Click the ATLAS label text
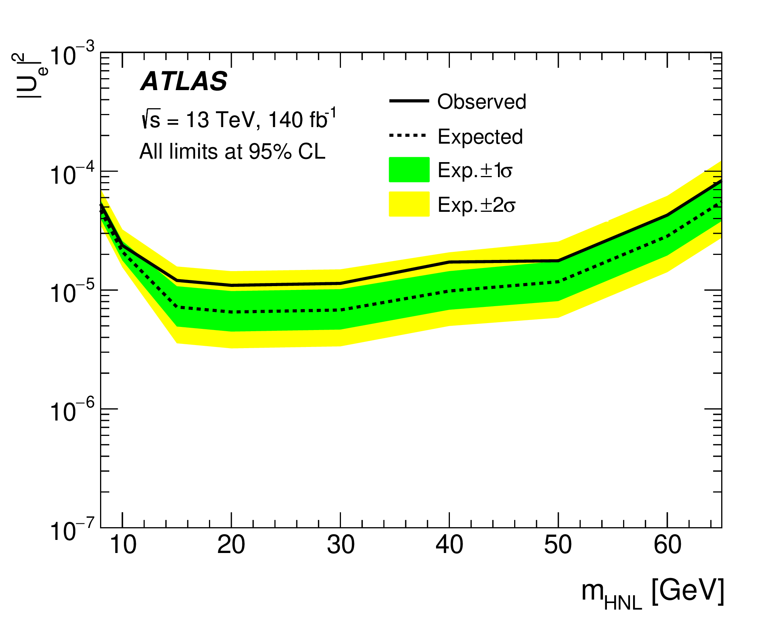pos(184,81)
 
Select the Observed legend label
pos(481,102)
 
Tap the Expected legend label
pos(480,137)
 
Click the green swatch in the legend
pos(409,169)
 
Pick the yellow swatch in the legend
pos(409,204)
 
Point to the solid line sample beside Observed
pos(409,101)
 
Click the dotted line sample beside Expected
pos(408,136)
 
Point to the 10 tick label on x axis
pos(123,545)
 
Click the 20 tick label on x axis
pos(231,545)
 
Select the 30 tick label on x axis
pos(341,545)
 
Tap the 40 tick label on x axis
pos(449,545)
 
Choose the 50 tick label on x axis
pos(558,545)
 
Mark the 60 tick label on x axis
pos(667,545)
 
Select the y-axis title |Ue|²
pos(31,76)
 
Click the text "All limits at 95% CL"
pos(232,151)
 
